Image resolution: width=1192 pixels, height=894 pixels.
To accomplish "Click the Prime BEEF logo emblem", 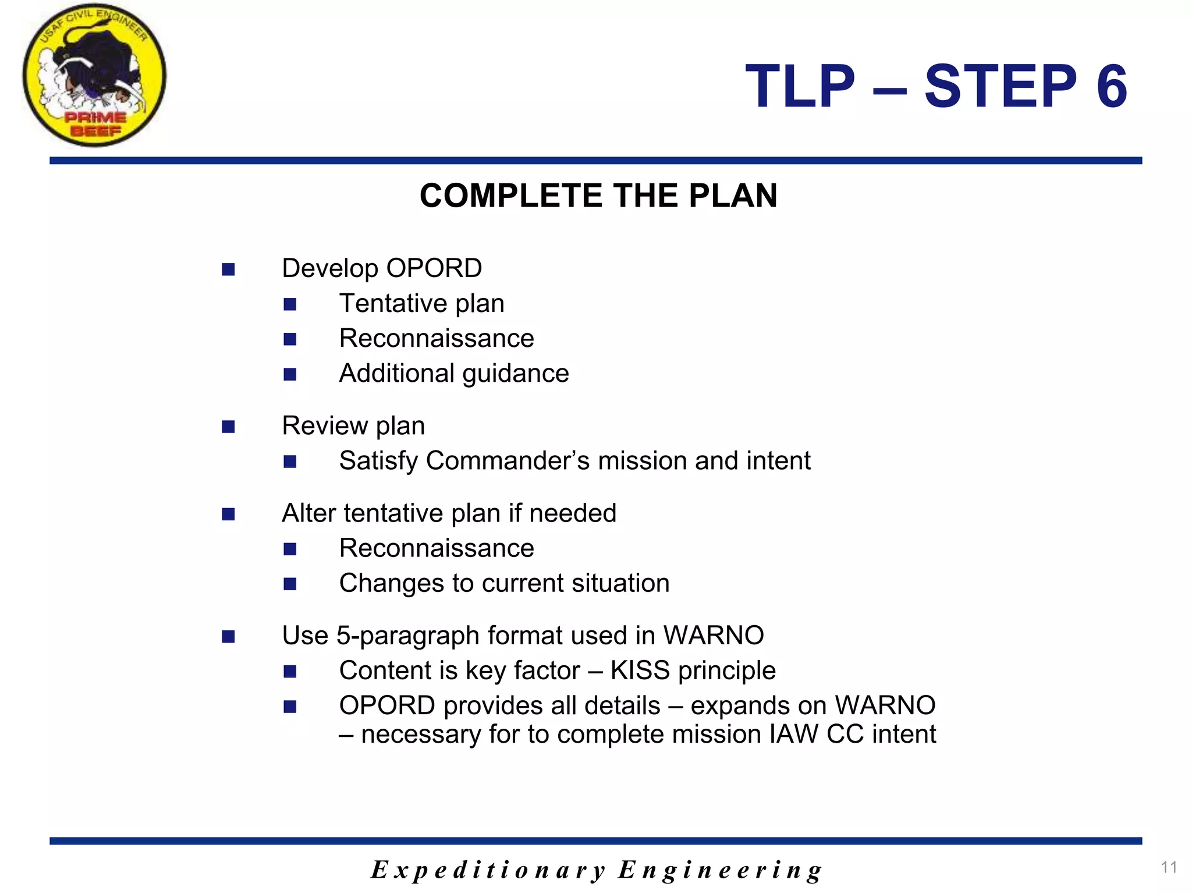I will coord(94,76).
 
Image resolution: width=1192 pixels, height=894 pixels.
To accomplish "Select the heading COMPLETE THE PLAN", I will coord(598,196).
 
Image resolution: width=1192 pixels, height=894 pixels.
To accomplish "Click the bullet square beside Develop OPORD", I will coord(228,269).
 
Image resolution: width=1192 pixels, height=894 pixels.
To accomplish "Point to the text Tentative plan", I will coord(421,304).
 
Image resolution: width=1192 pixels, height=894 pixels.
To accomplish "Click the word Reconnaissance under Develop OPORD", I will coord(437,339).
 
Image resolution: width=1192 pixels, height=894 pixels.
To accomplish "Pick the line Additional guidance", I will coord(454,374).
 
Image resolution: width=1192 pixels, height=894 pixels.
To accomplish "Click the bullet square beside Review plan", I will coord(228,427).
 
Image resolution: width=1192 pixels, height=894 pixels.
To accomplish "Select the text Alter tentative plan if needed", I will coord(449,513).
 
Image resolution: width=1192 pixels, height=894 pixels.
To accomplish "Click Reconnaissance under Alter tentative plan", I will coord(437,548).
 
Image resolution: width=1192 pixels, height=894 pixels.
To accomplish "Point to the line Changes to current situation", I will coord(504,583).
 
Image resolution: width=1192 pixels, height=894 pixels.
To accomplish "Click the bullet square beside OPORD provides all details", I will coord(290,707).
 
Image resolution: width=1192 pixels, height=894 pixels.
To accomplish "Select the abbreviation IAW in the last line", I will coord(794,735).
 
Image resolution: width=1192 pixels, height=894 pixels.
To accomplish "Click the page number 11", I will coord(1169,867).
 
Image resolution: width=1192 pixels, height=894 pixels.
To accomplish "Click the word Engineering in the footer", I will coord(719,871).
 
